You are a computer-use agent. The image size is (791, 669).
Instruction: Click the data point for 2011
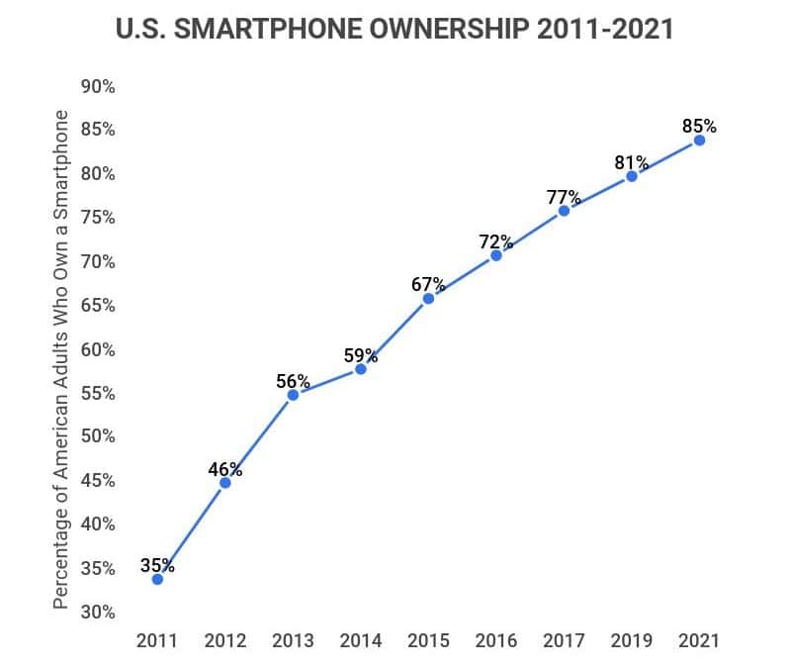157,579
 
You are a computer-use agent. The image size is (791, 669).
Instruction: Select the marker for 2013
293,395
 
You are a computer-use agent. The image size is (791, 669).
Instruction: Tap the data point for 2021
699,141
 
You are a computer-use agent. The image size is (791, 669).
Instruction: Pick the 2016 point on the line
496,255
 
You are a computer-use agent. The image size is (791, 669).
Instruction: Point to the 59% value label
361,354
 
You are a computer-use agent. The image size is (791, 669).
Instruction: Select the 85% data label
699,127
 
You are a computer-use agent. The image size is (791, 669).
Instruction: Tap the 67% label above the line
428,285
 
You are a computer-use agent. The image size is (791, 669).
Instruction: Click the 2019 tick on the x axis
631,640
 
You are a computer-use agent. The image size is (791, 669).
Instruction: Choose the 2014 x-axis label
361,640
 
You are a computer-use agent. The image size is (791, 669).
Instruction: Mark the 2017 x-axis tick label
564,640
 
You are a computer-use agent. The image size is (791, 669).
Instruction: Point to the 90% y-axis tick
97,87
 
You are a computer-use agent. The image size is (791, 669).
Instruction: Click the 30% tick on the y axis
97,612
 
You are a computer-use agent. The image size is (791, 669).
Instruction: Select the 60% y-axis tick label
97,349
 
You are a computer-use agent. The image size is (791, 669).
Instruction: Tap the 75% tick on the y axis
97,218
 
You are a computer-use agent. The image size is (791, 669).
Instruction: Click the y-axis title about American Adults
61,358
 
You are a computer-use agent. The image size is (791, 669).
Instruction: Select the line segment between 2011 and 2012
191,531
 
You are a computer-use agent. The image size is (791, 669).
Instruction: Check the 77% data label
564,197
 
